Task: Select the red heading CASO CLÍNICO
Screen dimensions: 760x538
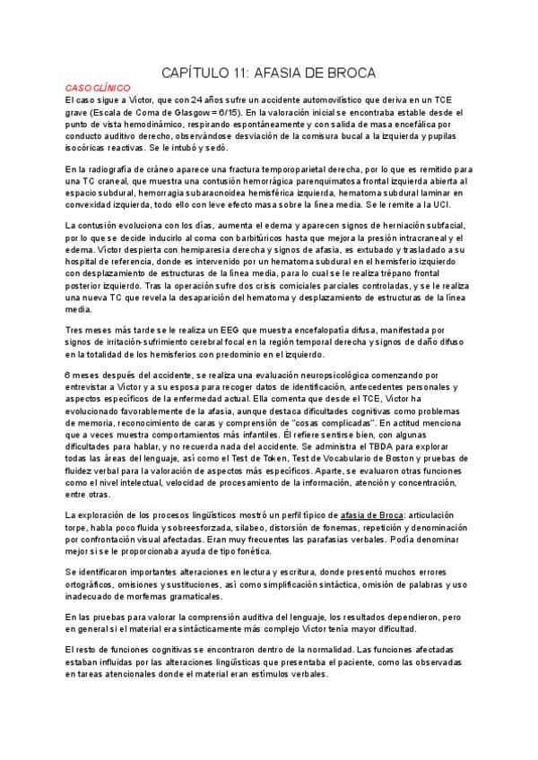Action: [99, 89]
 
